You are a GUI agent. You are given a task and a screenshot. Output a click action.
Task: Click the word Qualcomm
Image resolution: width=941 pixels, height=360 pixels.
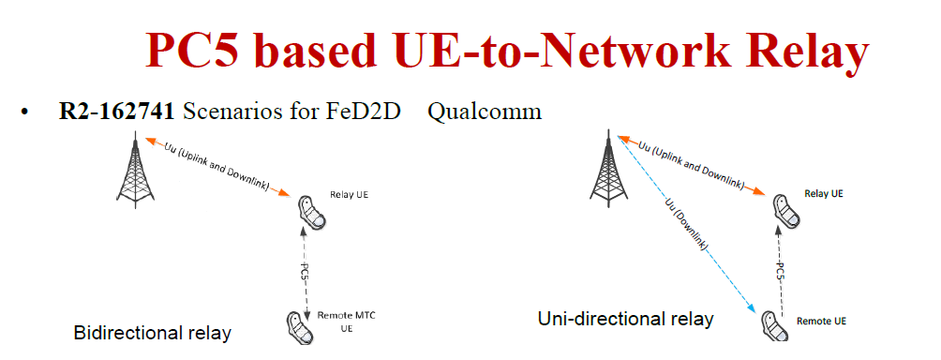[485, 112]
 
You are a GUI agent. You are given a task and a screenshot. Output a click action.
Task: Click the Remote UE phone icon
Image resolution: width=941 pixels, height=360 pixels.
[772, 324]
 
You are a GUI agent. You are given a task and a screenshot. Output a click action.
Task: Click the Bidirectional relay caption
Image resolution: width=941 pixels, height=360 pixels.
[152, 333]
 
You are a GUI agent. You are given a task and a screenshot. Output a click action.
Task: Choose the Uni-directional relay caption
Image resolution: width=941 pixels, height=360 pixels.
[625, 319]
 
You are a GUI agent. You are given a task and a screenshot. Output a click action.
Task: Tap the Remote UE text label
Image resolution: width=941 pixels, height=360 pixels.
[821, 322]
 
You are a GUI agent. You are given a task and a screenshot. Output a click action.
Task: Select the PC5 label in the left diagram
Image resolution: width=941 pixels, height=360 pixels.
[306, 272]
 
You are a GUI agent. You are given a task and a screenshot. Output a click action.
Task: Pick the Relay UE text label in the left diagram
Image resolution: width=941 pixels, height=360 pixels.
[350, 196]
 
